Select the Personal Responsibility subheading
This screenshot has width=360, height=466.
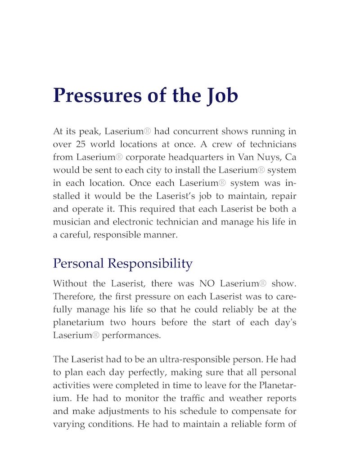pyautogui.click(x=122, y=263)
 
